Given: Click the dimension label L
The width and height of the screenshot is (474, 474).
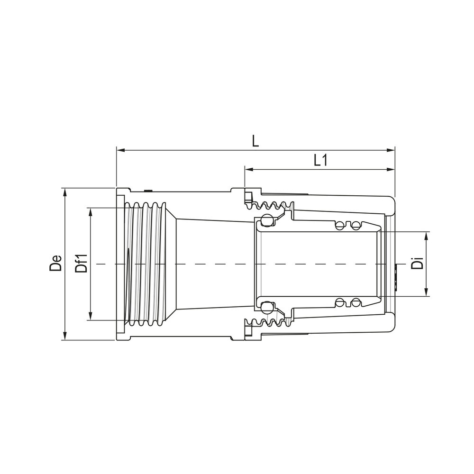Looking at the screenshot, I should pos(255,141).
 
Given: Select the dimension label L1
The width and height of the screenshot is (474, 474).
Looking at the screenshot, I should pos(321,161).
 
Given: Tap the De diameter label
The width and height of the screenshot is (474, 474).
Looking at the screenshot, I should pos(56,264).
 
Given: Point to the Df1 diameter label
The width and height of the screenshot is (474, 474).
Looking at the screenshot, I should pos(82,264).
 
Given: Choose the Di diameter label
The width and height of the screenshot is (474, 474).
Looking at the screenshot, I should pos(417,264).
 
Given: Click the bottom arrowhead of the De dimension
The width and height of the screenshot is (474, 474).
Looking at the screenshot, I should pos(65,336).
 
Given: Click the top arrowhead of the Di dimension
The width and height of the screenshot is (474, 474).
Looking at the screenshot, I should pos(427,235).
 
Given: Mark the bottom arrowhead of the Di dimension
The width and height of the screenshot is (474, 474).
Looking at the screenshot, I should pos(427,292).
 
